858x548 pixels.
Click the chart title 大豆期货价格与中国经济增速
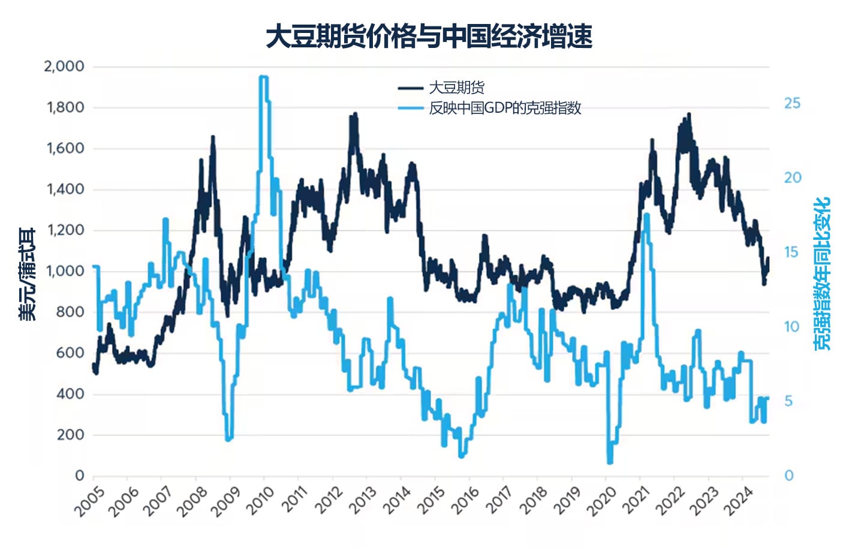point(429,37)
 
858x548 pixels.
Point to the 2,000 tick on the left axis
point(64,67)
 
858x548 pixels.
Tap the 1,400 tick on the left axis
point(65,189)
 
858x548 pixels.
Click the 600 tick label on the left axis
point(70,353)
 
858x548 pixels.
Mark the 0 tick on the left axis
point(79,475)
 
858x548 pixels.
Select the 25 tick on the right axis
point(792,104)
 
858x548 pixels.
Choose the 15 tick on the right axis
point(792,252)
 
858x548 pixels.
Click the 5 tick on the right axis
point(788,401)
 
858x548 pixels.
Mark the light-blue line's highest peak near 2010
point(263,77)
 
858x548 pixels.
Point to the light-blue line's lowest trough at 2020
point(610,462)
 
